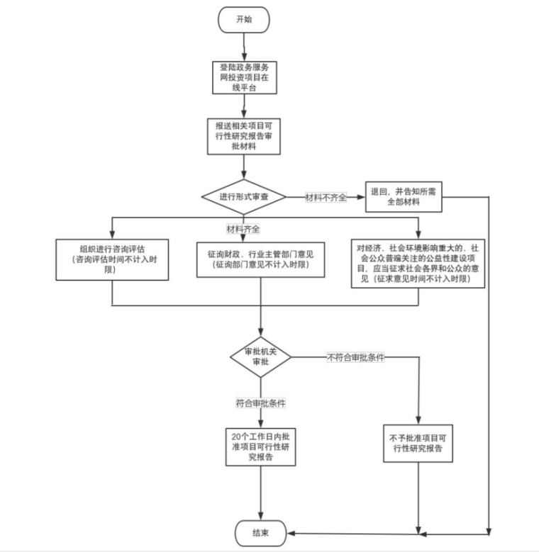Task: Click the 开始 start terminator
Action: pos(243,20)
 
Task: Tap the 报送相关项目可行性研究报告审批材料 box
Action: pos(244,135)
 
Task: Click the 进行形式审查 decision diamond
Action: pos(243,196)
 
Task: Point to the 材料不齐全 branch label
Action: pos(326,197)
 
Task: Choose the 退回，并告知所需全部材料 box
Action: pos(403,196)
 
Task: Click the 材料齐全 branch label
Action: pos(243,229)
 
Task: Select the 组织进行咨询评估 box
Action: pos(113,260)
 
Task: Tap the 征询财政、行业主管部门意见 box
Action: pos(261,260)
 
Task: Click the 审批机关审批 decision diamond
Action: pos(261,356)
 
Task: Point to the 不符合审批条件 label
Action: pos(355,357)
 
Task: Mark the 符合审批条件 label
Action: pos(261,403)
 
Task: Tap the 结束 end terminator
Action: pos(261,531)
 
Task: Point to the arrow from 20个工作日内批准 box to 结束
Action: pos(261,492)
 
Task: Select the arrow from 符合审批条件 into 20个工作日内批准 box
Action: pos(261,419)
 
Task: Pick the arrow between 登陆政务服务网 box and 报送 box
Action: pos(244,105)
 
